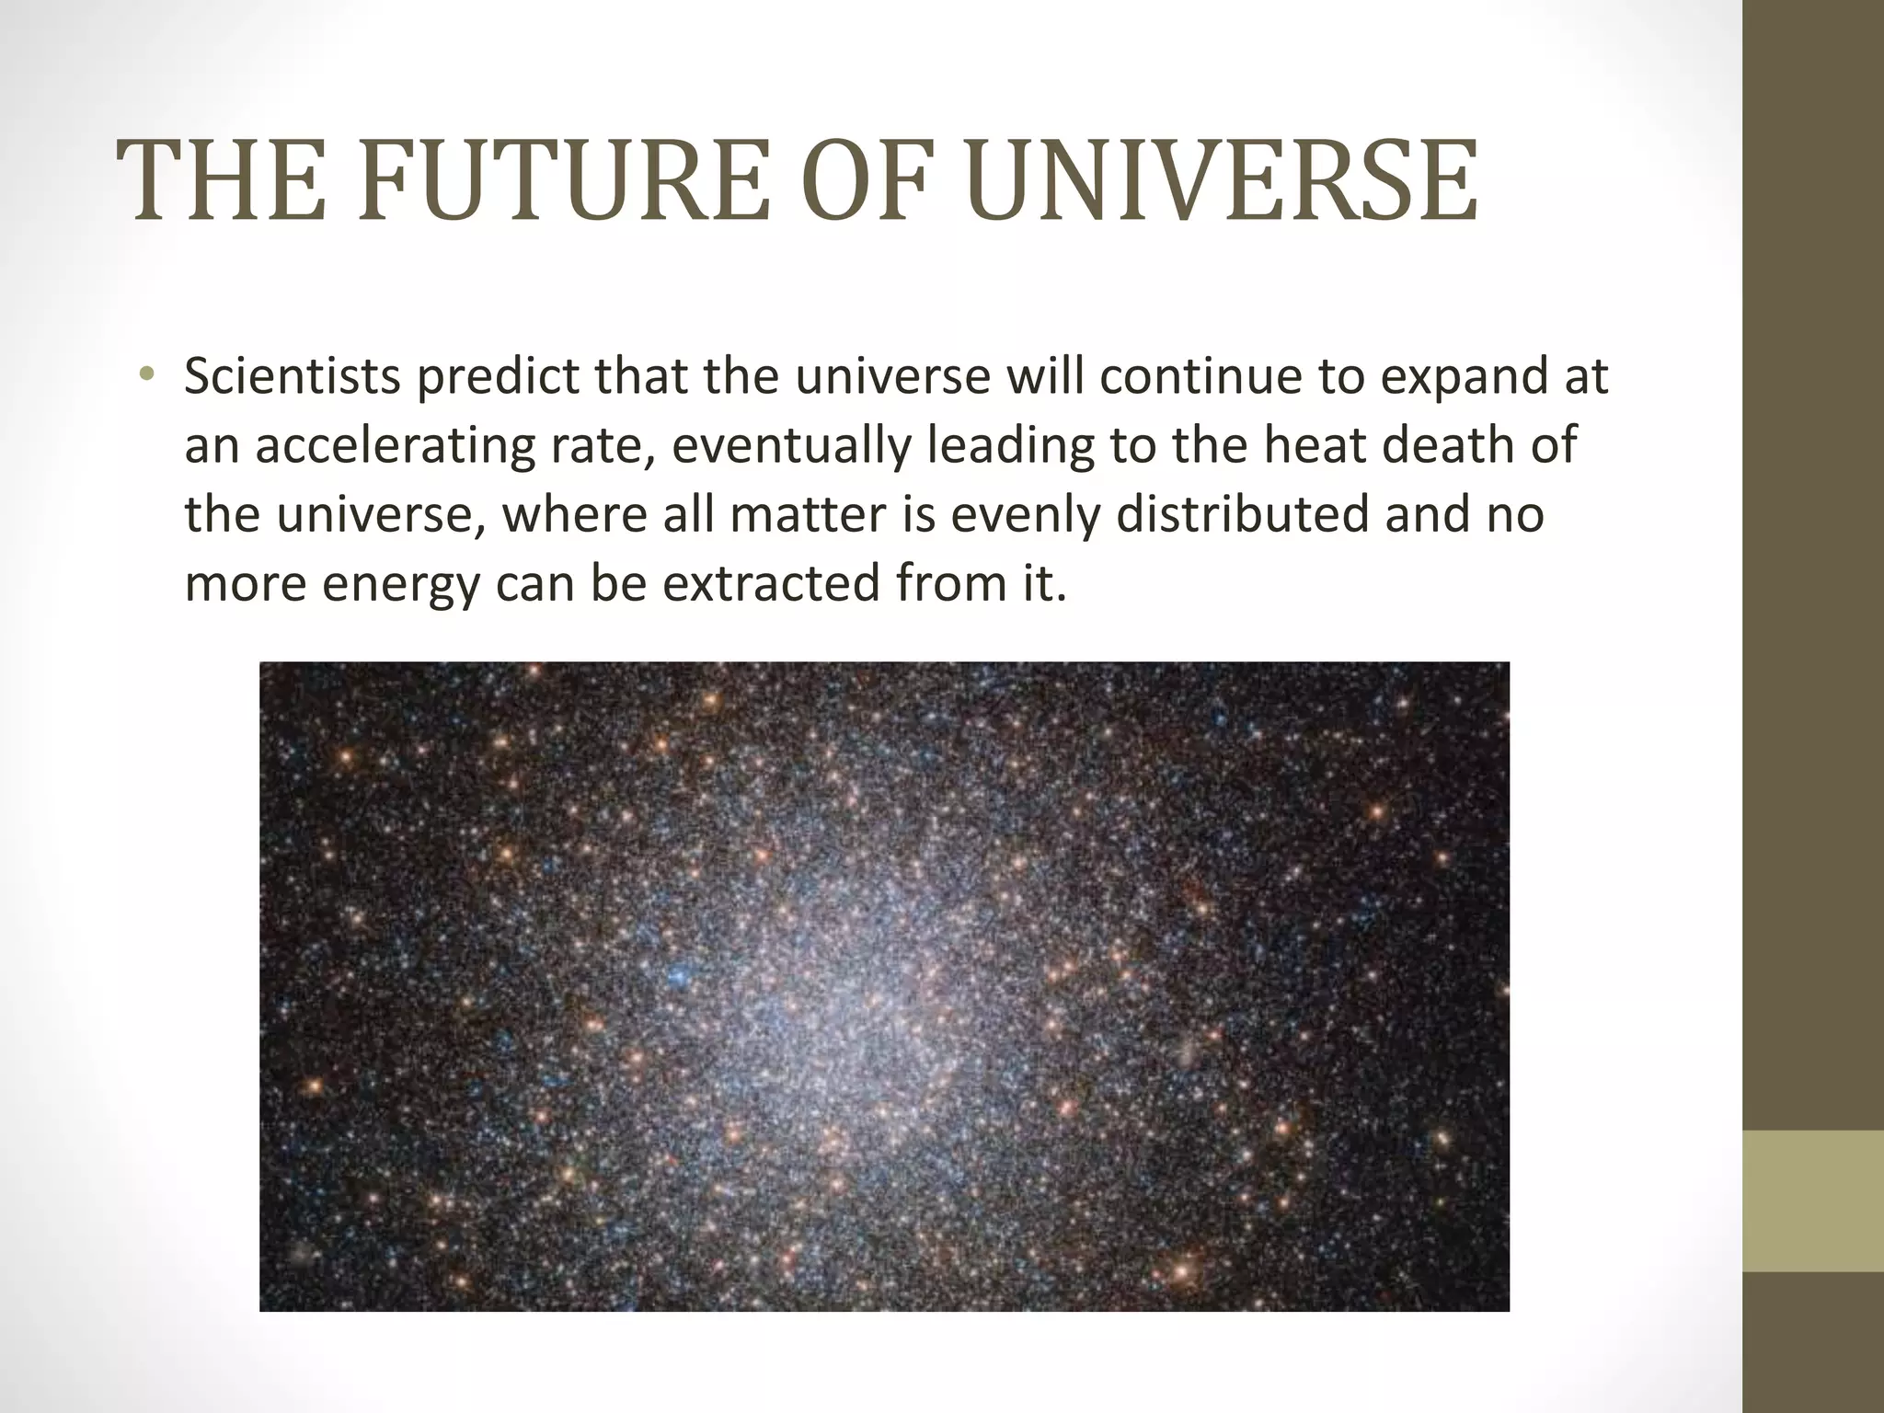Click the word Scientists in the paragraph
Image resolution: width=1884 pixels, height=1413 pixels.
click(x=292, y=376)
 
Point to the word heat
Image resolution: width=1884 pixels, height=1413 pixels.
click(x=1315, y=445)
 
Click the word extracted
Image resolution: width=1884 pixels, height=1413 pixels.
click(x=770, y=583)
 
